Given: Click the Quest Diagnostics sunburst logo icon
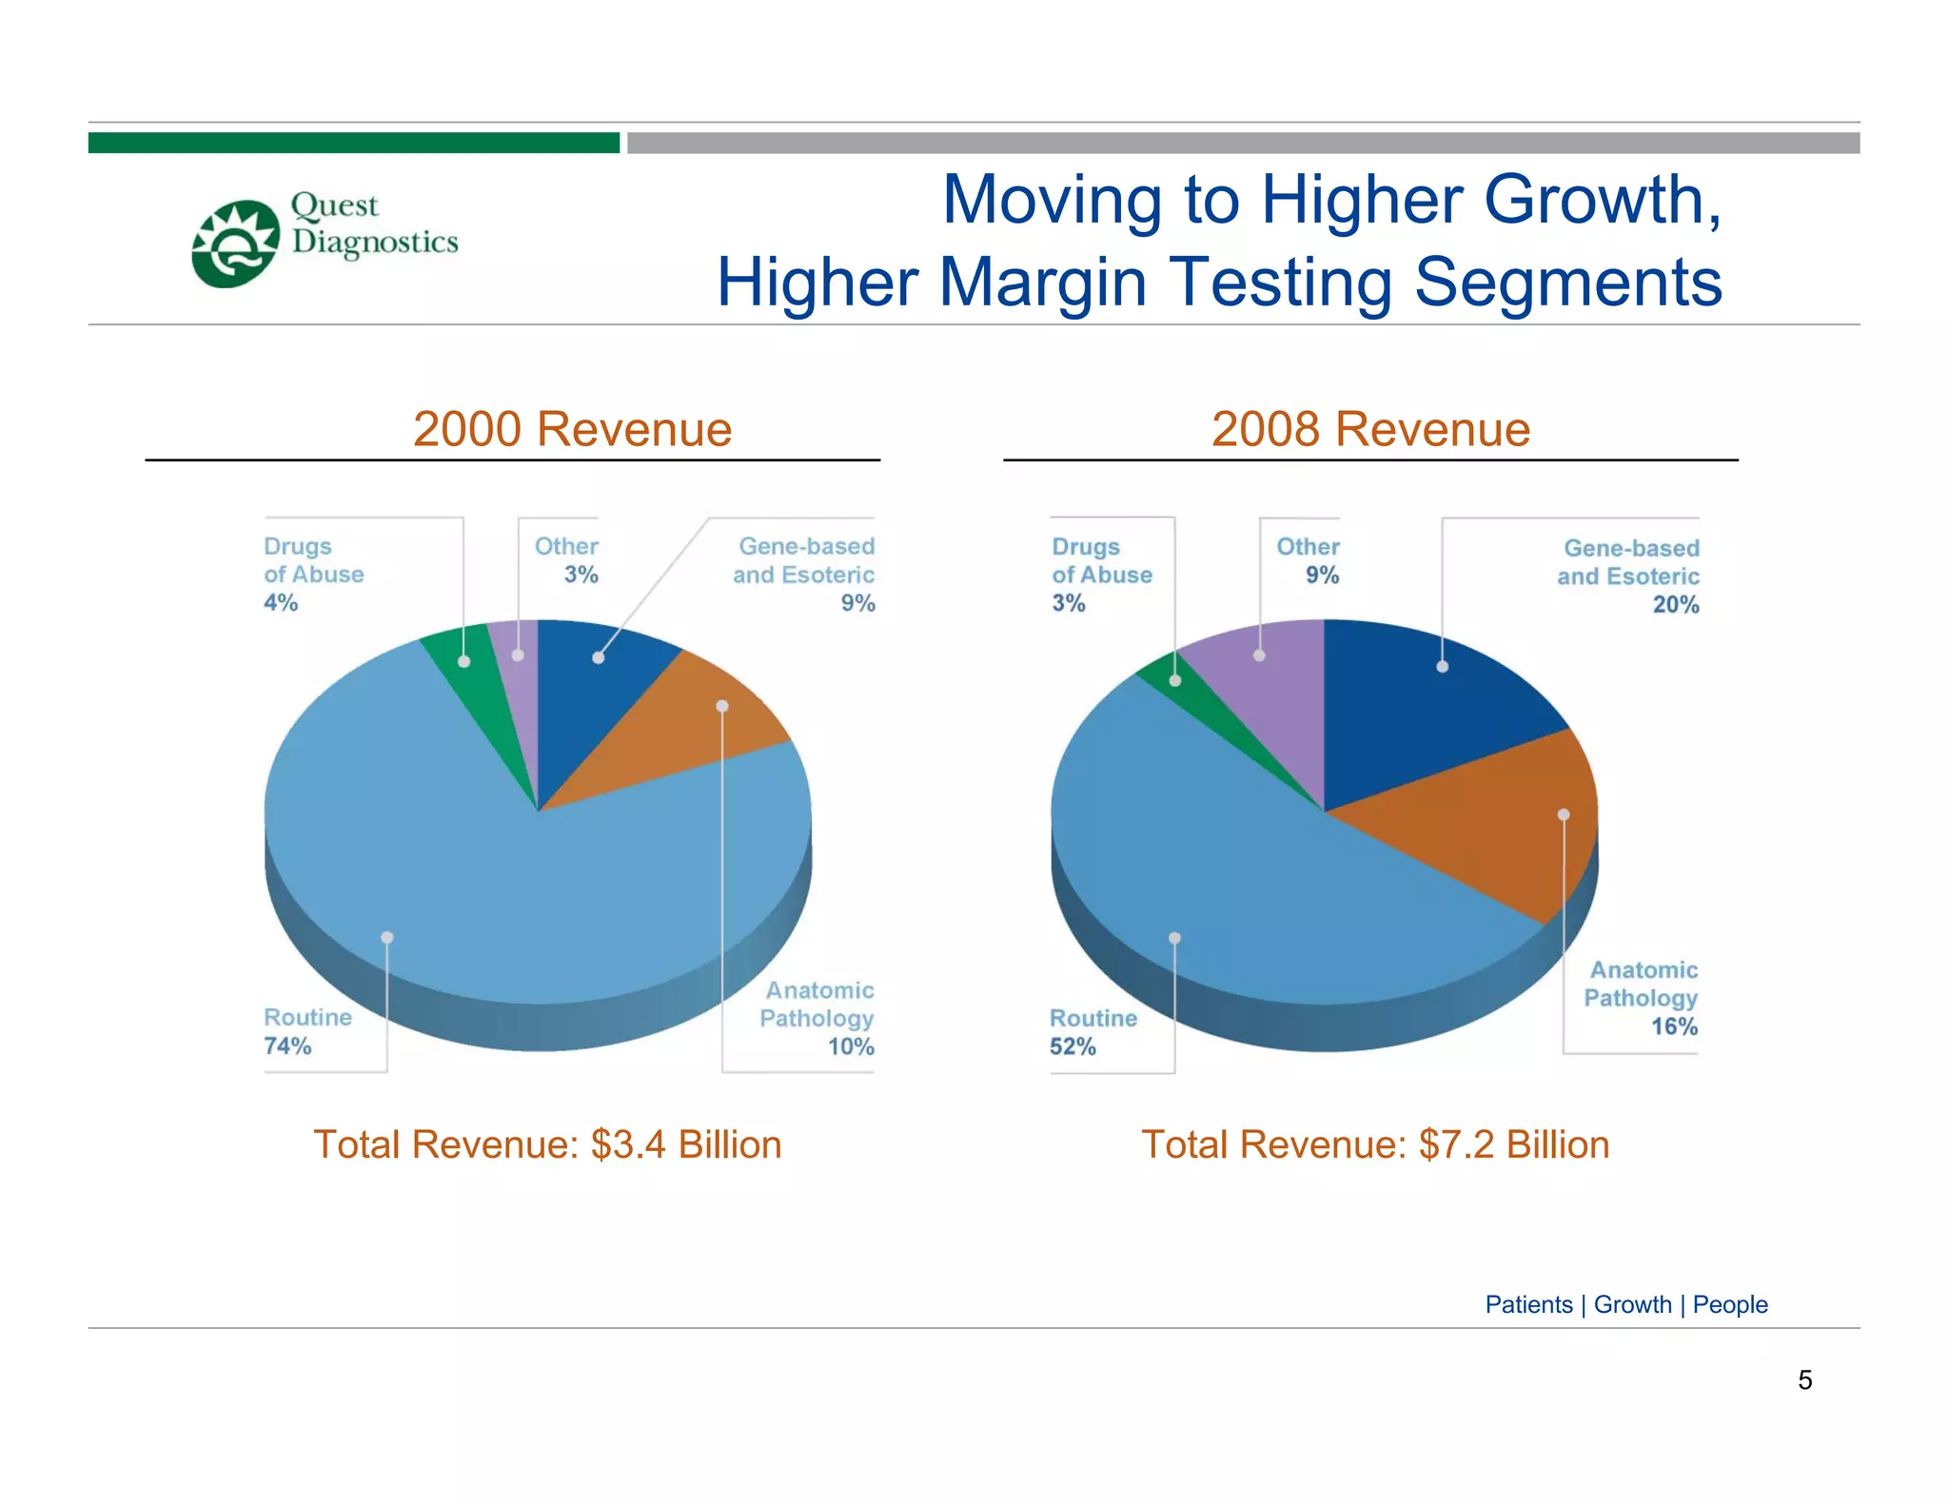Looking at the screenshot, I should (x=235, y=244).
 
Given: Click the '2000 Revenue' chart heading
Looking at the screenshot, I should (x=572, y=429).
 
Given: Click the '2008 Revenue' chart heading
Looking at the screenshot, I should (x=1370, y=429).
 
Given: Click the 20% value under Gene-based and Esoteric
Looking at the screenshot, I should (x=1675, y=605).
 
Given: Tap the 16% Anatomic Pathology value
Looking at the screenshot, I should (x=1674, y=1026).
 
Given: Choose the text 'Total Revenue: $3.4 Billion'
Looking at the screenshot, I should (x=547, y=1144).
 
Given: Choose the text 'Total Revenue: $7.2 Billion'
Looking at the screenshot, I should (x=1375, y=1144).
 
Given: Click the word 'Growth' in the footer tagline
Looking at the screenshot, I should (x=1632, y=1304).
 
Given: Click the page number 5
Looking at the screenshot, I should (x=1804, y=1380).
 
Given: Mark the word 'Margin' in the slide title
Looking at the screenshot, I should (x=1043, y=283).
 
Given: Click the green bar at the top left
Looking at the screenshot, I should (x=353, y=143).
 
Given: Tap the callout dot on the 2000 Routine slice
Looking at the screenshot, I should (x=387, y=938).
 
